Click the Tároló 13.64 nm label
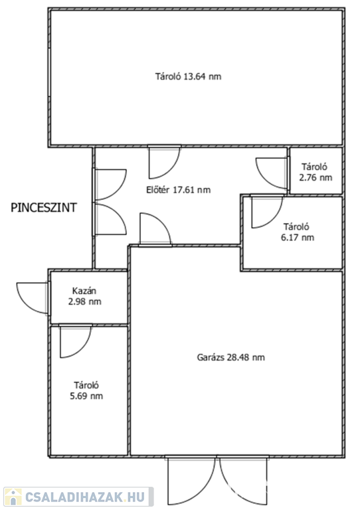188,77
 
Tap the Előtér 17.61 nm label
178,190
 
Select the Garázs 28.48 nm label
231,357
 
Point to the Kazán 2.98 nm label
84,296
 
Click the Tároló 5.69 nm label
86,390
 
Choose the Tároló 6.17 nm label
298,232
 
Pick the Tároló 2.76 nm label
315,172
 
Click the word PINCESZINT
44,207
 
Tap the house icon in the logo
13,497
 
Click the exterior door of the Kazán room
33,298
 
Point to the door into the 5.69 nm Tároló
76,341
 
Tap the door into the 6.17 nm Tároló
267,211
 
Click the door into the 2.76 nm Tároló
272,173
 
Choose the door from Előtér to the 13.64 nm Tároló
164,162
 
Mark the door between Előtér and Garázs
155,229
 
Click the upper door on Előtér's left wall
110,185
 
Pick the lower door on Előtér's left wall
110,219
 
